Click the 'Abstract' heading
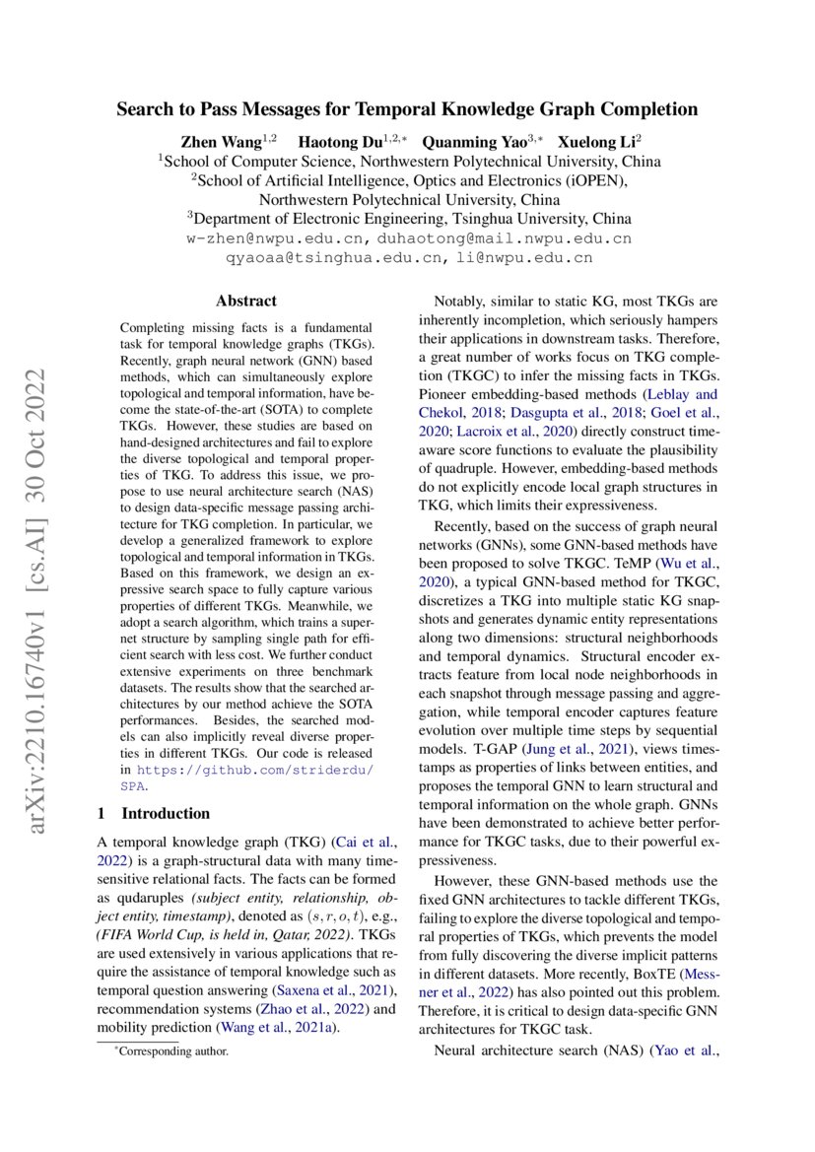[245, 302]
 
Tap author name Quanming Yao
[468, 141]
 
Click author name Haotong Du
[340, 141]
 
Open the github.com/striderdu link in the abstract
[254, 769]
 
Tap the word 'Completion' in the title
[646, 109]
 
